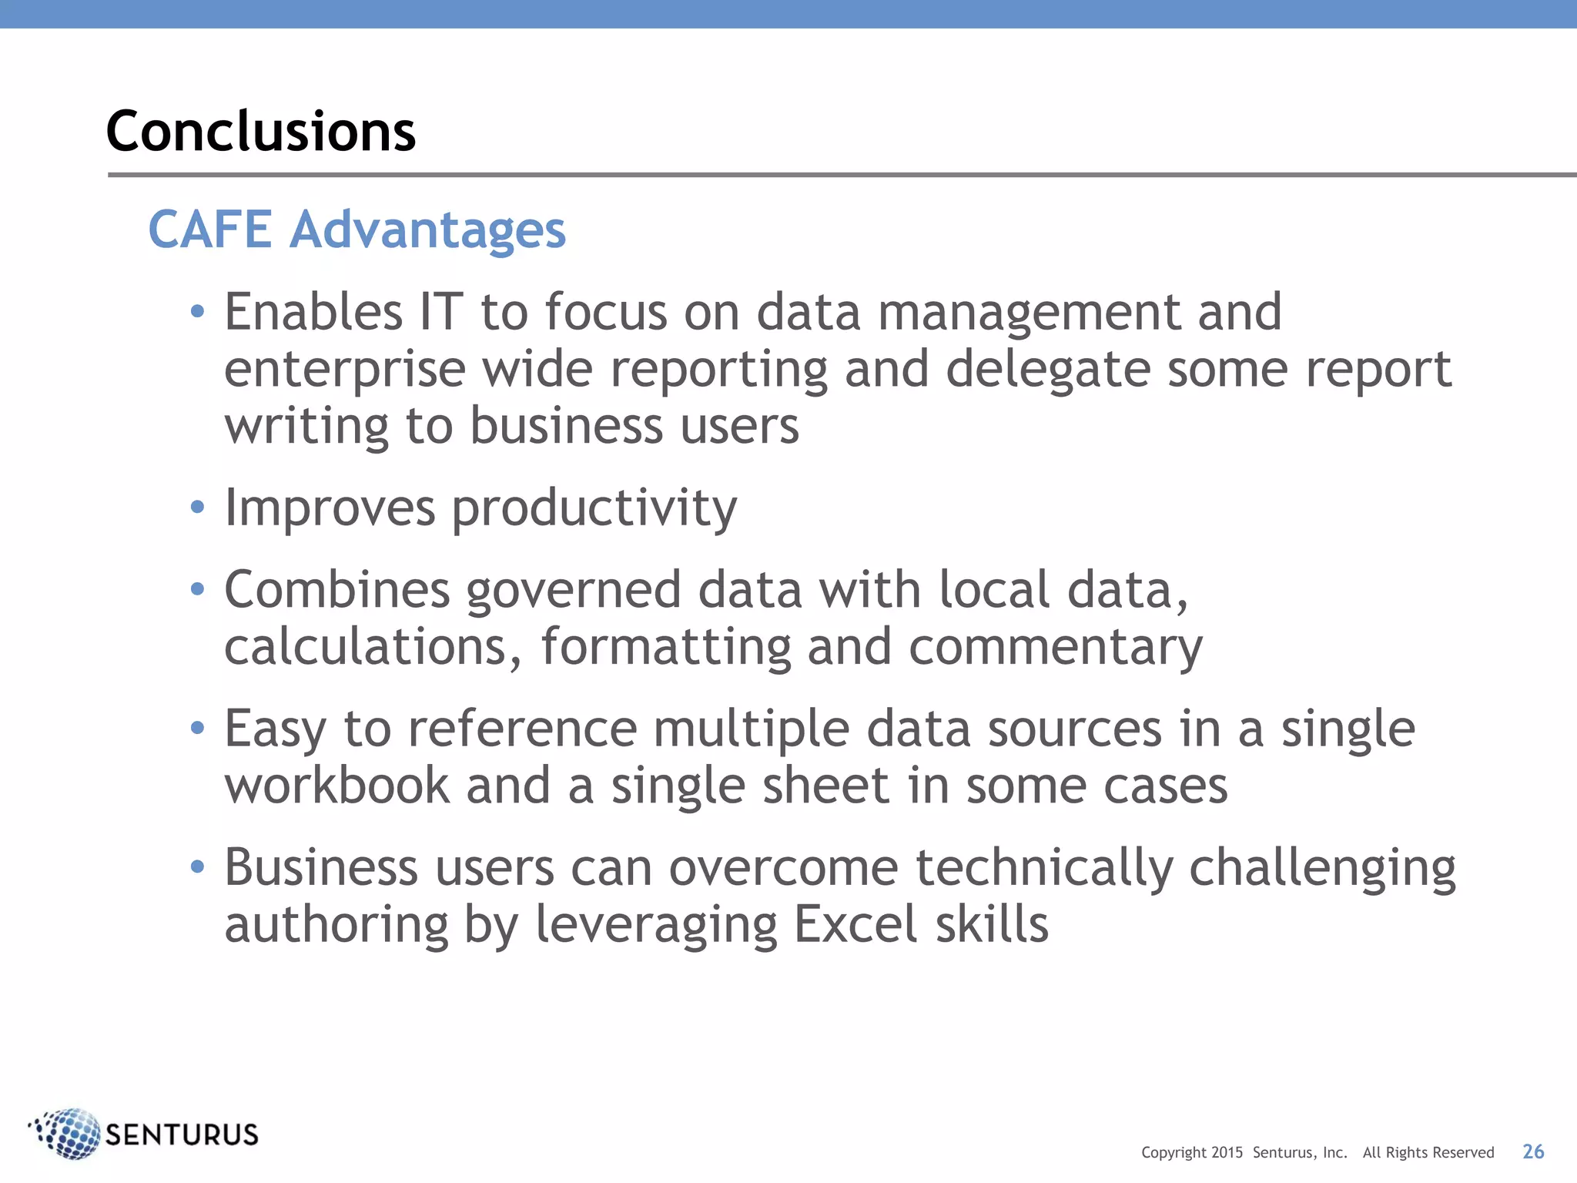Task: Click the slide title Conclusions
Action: point(260,131)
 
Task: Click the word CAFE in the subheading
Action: point(209,230)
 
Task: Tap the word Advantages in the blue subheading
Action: point(427,231)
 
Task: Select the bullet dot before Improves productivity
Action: point(198,508)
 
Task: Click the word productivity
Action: point(594,510)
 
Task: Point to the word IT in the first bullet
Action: point(441,313)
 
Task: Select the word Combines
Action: point(336,591)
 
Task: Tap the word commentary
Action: point(1055,648)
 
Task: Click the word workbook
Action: point(336,786)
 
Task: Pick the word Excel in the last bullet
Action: point(855,925)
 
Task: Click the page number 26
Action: point(1532,1151)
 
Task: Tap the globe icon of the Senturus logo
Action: point(68,1133)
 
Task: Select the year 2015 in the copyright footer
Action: point(1227,1153)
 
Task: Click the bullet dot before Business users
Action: point(198,867)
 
